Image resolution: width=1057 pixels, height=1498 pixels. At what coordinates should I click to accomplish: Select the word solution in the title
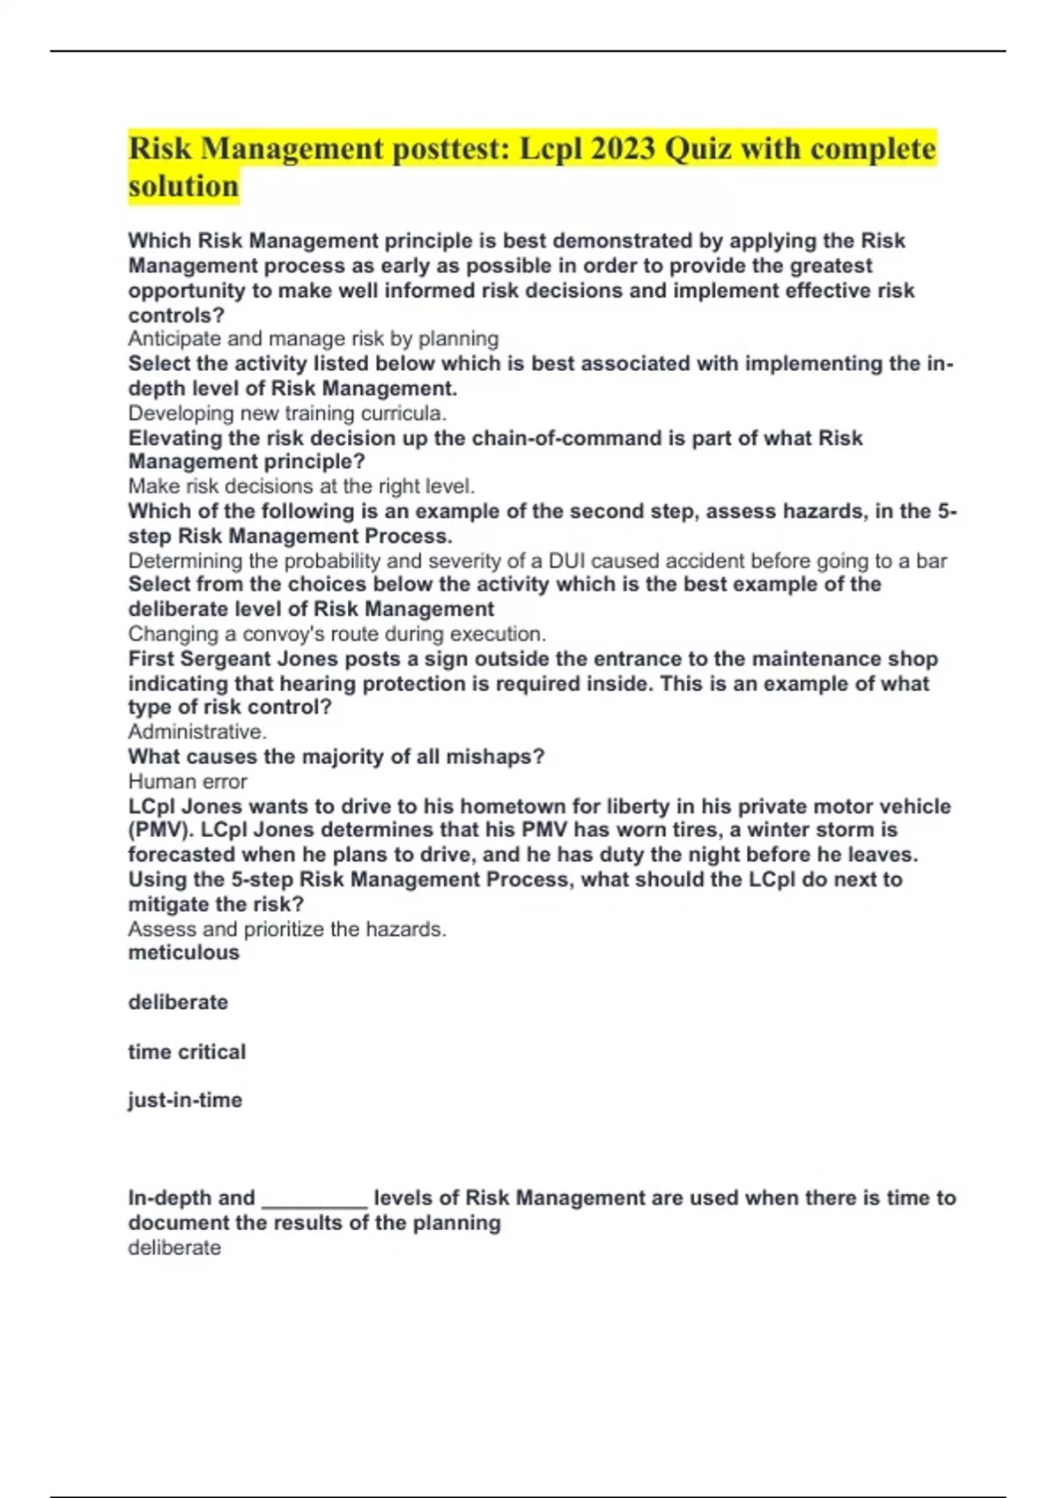click(183, 186)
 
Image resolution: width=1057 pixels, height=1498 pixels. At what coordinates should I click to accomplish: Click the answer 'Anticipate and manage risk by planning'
click(314, 338)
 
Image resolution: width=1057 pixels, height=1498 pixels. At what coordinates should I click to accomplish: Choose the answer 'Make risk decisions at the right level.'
click(301, 486)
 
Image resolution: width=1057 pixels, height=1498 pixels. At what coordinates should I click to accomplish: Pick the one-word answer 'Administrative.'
click(197, 731)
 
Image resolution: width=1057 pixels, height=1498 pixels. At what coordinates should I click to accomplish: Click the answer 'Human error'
click(188, 781)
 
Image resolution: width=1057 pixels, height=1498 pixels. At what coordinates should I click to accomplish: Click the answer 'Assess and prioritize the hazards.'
click(287, 929)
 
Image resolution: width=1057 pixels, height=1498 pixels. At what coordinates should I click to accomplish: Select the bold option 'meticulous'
click(183, 953)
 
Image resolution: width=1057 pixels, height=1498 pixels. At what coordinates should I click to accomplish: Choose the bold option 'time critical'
click(187, 1051)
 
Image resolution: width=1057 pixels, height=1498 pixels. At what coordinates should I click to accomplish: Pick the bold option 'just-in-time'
click(185, 1100)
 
